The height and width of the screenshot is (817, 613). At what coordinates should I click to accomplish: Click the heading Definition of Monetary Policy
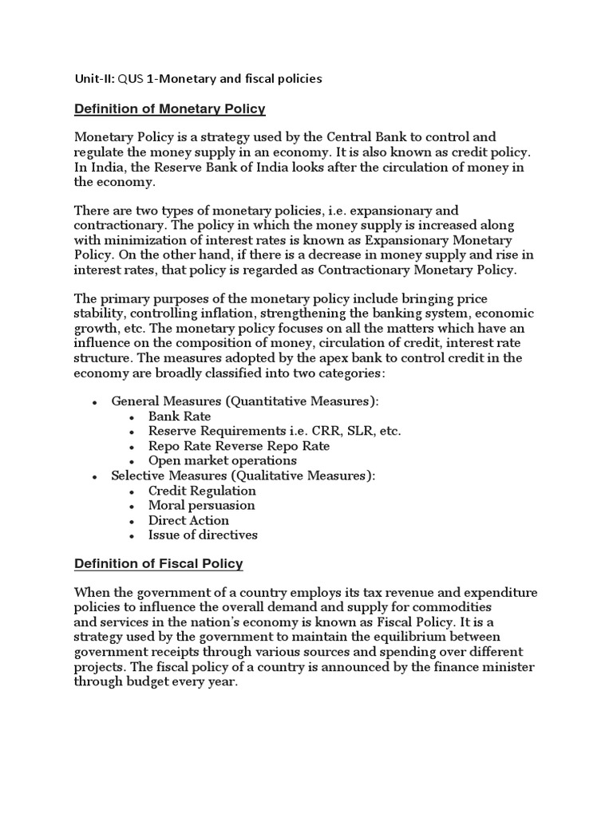click(169, 108)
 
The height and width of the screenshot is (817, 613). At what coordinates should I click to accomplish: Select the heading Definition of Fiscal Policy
click(158, 564)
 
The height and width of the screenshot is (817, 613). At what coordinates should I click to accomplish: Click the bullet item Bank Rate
click(180, 416)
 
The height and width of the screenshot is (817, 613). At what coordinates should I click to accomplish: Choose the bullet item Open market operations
click(222, 460)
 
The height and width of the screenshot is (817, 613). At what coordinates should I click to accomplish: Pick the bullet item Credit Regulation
click(202, 491)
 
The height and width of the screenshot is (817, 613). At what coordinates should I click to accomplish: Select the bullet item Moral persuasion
click(201, 505)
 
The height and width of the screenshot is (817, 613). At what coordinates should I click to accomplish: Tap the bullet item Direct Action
click(188, 520)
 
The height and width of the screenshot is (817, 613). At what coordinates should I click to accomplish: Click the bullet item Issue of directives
click(203, 535)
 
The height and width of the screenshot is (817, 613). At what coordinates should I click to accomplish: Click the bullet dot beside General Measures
click(95, 402)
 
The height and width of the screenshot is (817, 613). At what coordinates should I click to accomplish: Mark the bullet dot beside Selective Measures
click(95, 476)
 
